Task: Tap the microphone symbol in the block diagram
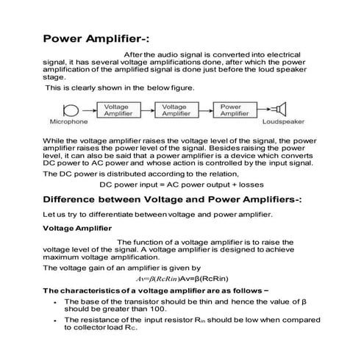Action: [71, 110]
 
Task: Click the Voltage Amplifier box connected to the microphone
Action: [118, 110]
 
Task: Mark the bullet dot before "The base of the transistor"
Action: [56, 301]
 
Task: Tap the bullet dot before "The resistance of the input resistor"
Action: [56, 320]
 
